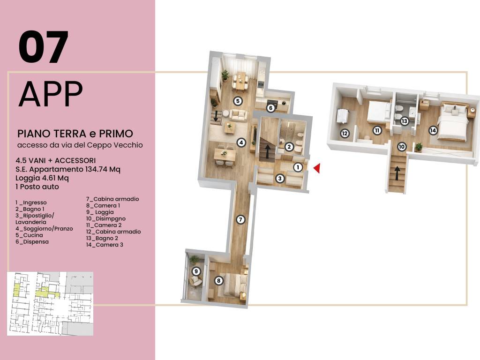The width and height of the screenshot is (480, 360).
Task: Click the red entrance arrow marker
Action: click(x=317, y=168)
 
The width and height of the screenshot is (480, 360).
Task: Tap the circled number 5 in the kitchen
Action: click(x=238, y=101)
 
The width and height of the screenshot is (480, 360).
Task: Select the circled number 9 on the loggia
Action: click(x=196, y=271)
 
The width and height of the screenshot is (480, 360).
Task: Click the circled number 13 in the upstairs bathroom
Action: click(x=405, y=121)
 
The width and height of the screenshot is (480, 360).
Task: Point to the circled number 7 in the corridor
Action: click(x=240, y=219)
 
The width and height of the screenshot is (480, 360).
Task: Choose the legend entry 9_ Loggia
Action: click(x=100, y=212)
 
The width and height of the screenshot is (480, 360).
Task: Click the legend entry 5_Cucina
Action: click(x=30, y=235)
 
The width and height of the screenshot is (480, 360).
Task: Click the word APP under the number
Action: click(x=51, y=94)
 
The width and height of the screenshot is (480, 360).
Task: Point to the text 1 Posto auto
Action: click(x=37, y=187)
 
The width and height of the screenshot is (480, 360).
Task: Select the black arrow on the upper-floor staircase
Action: click(x=397, y=173)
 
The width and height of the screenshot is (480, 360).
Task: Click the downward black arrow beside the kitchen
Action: click(x=216, y=116)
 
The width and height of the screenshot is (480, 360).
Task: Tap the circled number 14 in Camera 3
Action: click(x=433, y=130)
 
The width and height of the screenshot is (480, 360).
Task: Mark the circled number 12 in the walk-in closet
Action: click(x=345, y=134)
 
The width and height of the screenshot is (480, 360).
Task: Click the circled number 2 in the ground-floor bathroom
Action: click(x=289, y=147)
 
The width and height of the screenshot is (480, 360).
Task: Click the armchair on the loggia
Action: click(x=195, y=281)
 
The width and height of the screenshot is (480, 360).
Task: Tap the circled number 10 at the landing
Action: click(x=402, y=147)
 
